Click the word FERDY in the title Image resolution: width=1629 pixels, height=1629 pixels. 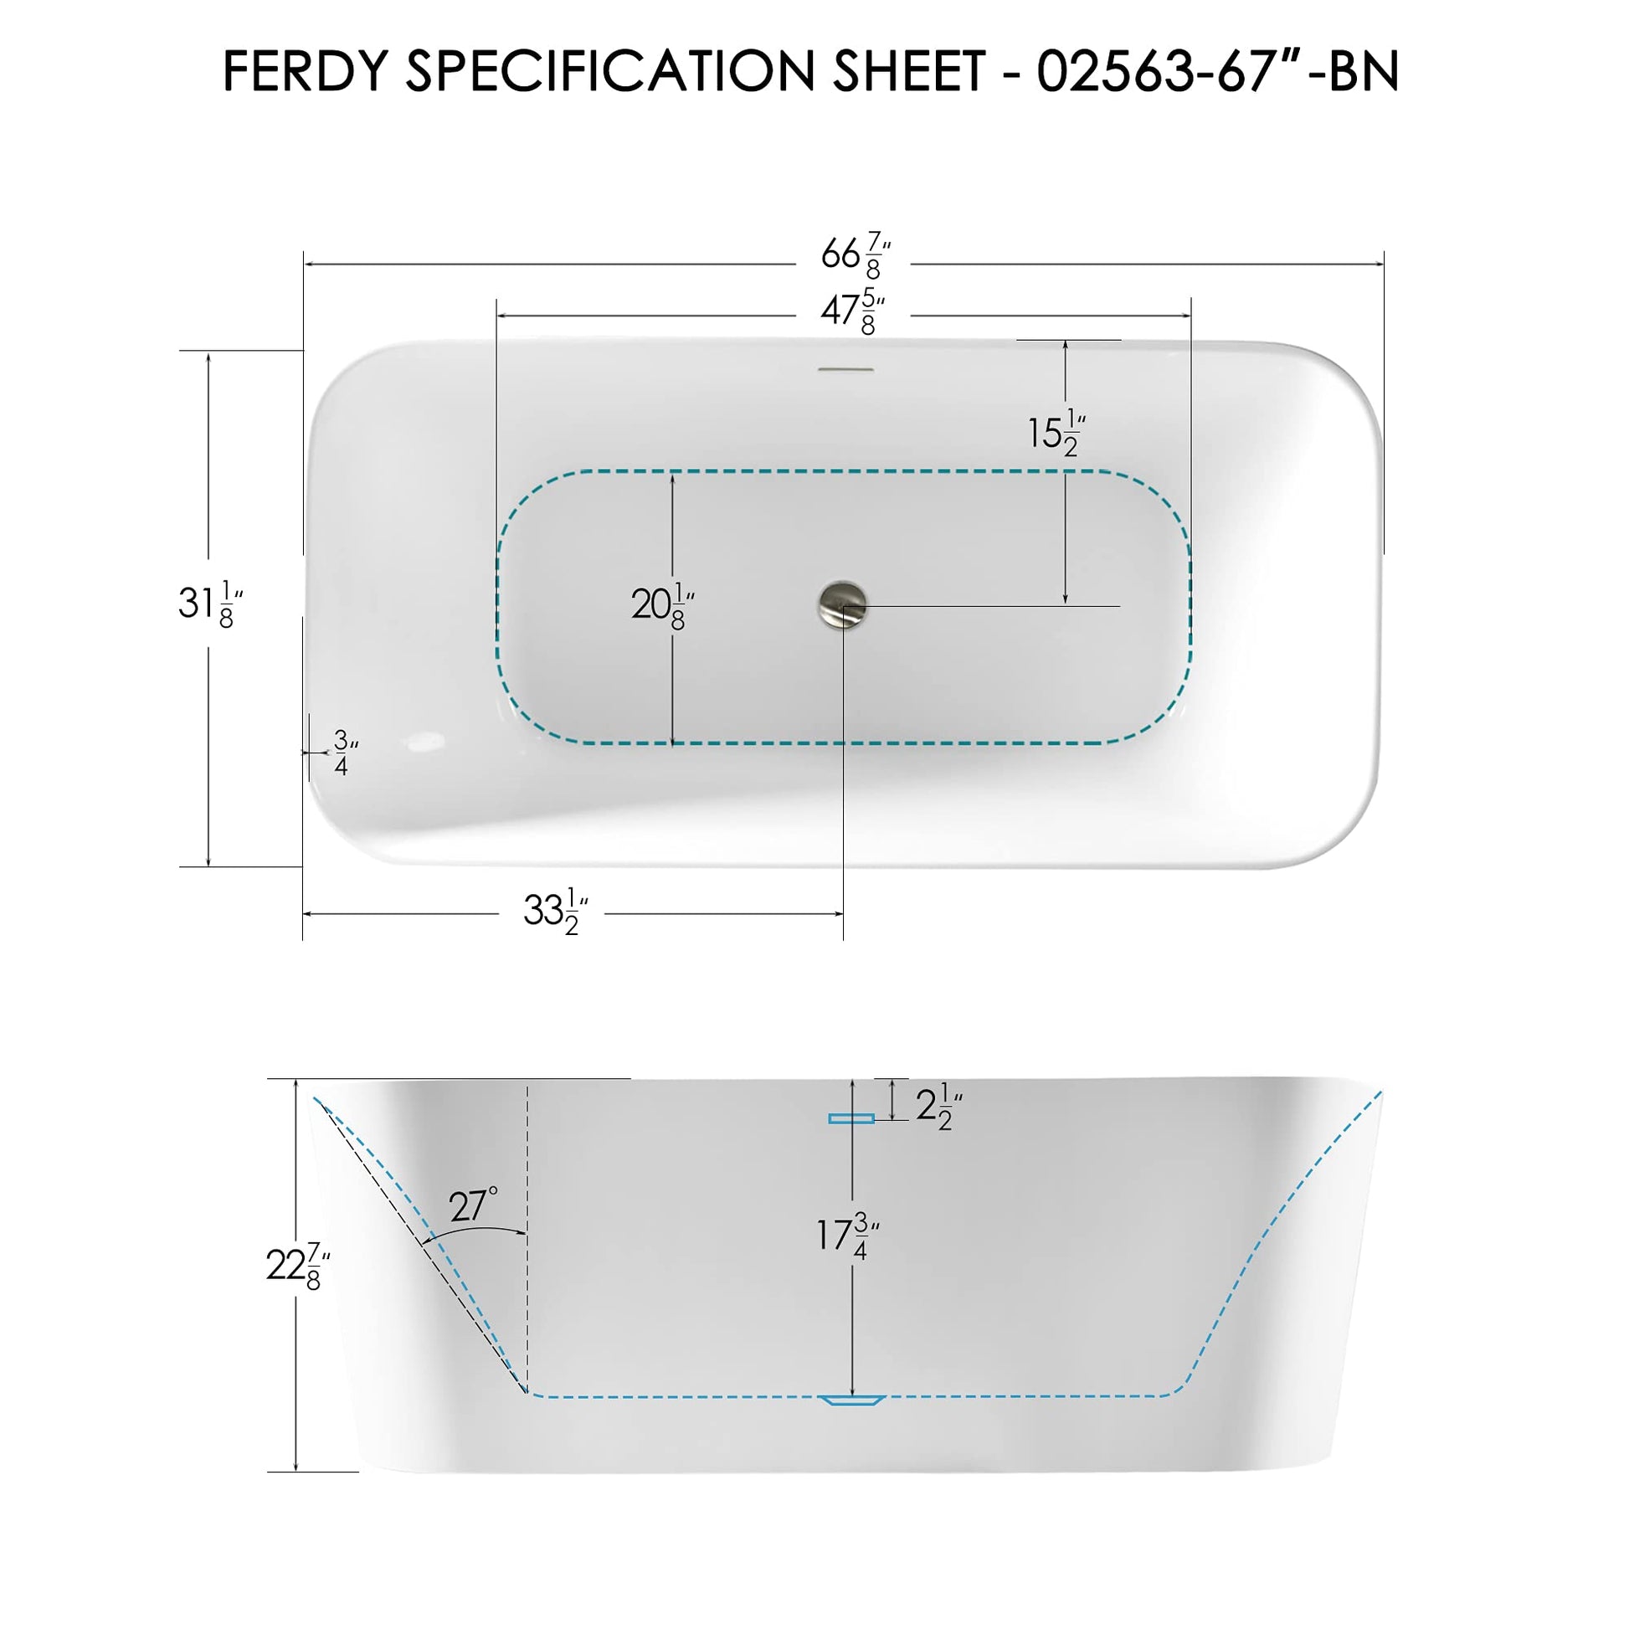click(308, 72)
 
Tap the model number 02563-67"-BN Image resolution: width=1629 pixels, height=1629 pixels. click(1218, 72)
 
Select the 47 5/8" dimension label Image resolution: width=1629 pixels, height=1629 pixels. click(853, 312)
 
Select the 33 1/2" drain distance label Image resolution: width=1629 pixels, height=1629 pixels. click(556, 912)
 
